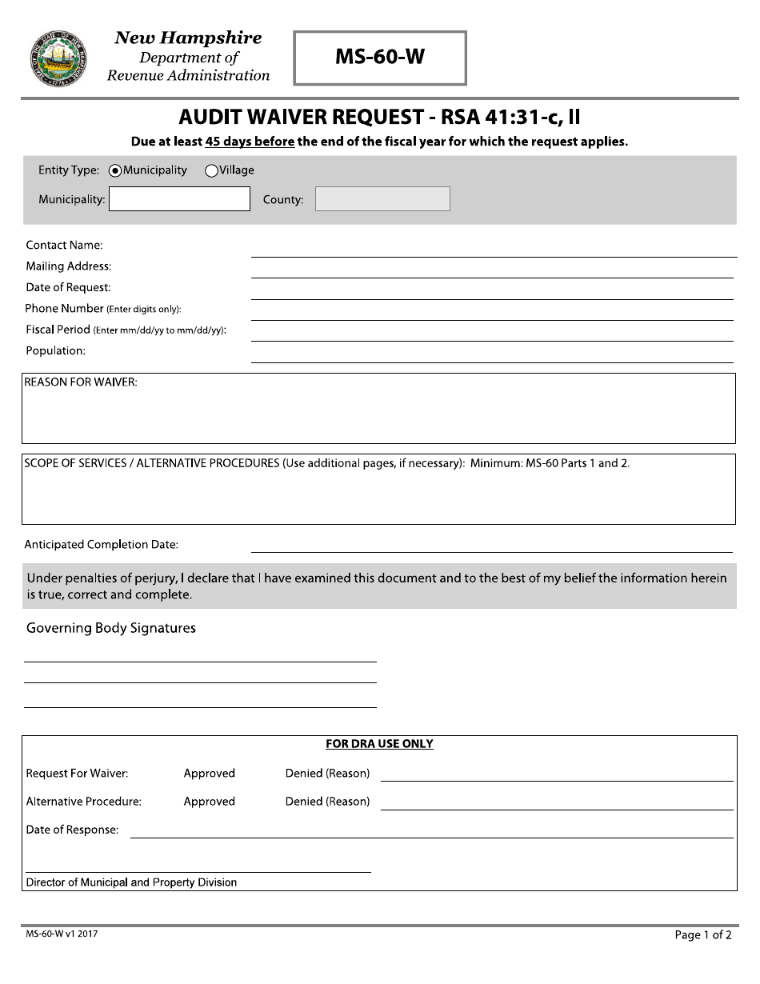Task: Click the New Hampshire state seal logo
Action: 58,58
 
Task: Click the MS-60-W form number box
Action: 380,58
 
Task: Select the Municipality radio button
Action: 115,170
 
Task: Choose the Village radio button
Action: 212,170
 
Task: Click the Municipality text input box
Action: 179,199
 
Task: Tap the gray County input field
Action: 382,199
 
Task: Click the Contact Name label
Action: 64,246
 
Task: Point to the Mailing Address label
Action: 68,266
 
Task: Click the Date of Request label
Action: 68,287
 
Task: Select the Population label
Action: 55,350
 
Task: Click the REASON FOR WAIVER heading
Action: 81,382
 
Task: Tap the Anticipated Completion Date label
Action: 101,545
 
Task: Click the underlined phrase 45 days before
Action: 250,142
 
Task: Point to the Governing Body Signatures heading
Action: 111,628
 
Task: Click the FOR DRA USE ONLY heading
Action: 379,744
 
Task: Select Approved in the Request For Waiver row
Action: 209,774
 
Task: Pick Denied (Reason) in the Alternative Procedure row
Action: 327,802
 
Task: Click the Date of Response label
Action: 72,830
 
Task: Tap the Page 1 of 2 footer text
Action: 702,934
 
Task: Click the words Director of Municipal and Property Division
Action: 131,882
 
